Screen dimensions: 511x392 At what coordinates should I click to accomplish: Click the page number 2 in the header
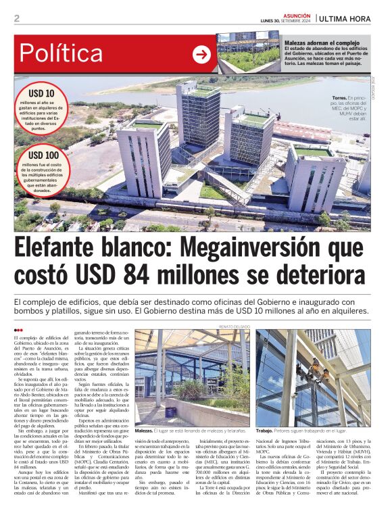(x=16, y=18)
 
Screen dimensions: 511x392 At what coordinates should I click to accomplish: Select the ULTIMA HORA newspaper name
(x=346, y=18)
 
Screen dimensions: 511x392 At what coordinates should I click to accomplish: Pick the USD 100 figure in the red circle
(x=42, y=155)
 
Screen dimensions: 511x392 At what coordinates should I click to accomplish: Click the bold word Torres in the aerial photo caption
(x=339, y=97)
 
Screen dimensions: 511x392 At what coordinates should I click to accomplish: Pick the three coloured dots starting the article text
(x=18, y=330)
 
